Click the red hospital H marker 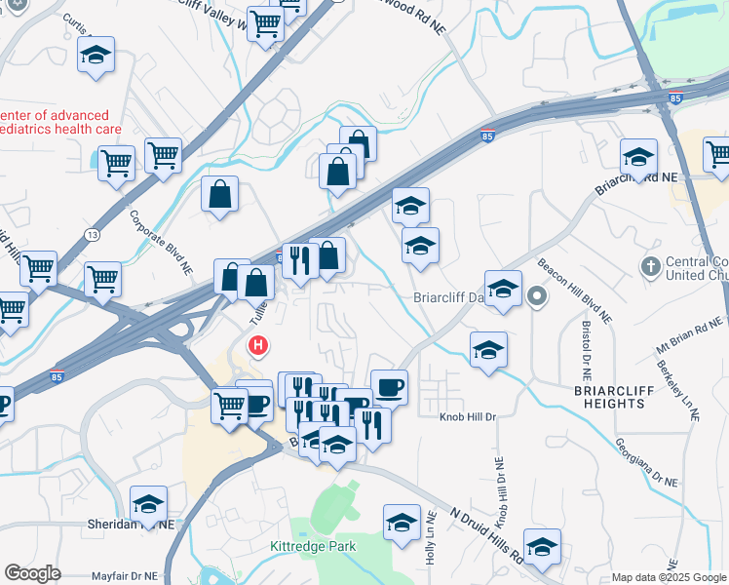tap(258, 345)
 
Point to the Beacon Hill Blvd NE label tap(574, 292)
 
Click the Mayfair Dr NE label tap(124, 576)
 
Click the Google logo tap(32, 573)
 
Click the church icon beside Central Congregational tap(650, 265)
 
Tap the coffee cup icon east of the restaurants tap(389, 387)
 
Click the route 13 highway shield tap(92, 234)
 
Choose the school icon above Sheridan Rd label tap(148, 503)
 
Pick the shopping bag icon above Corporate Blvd tap(220, 193)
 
